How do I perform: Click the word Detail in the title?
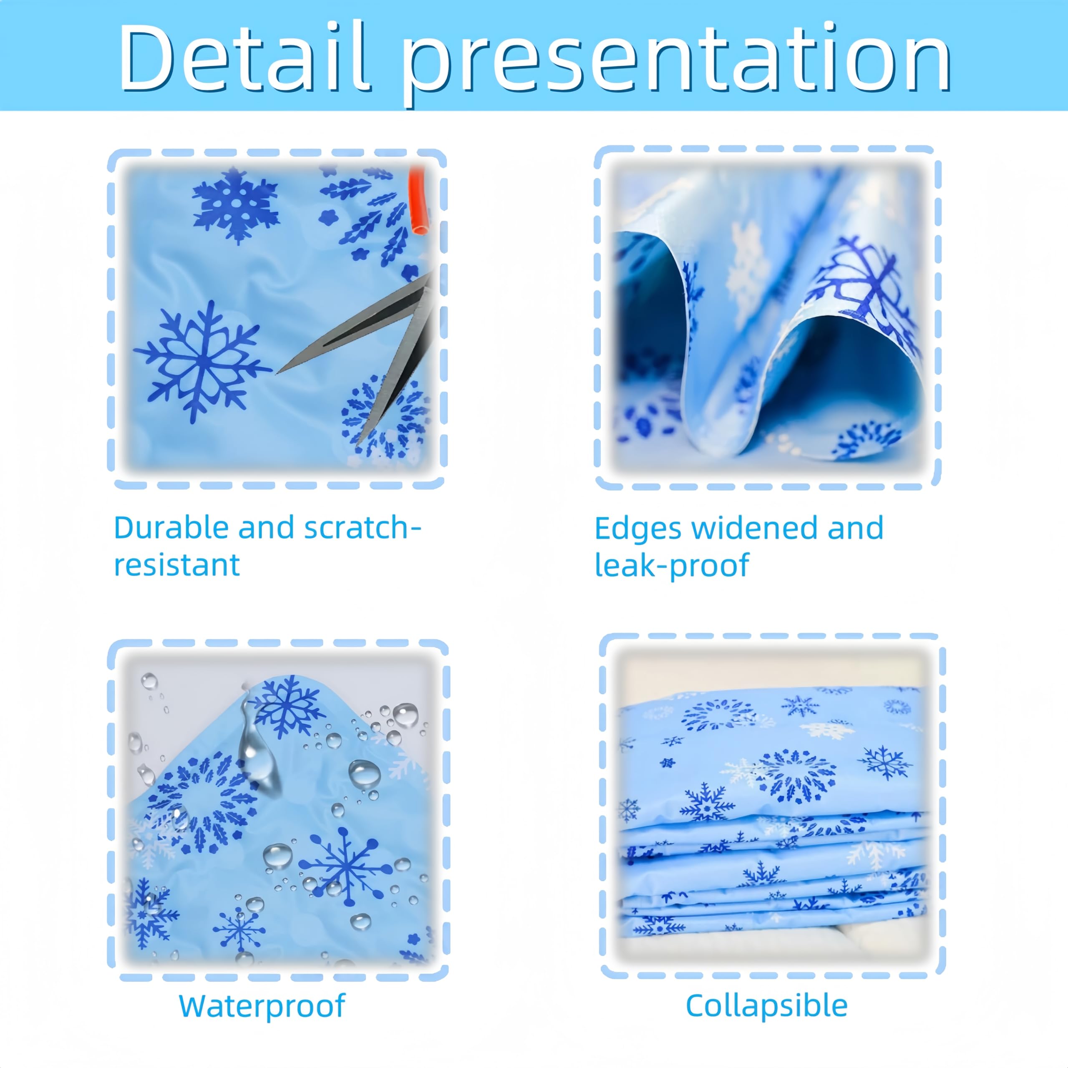pyautogui.click(x=244, y=56)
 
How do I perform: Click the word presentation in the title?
pyautogui.click(x=675, y=63)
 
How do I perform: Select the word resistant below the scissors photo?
pyautogui.click(x=177, y=564)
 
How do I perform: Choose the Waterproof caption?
pyautogui.click(x=262, y=1005)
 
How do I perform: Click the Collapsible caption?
pyautogui.click(x=766, y=1005)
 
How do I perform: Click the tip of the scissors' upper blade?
pyautogui.click(x=277, y=373)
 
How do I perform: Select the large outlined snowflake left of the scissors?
pyautogui.click(x=203, y=362)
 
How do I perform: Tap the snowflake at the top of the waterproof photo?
pyautogui.click(x=287, y=706)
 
